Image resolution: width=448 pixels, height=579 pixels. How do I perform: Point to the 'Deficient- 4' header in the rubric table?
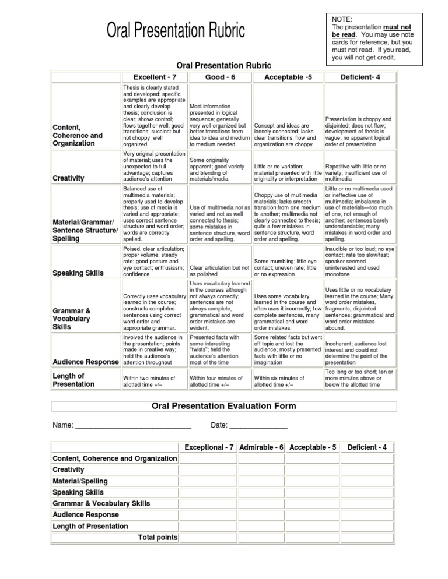[x=360, y=77]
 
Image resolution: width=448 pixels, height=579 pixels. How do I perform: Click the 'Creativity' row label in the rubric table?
[x=68, y=178]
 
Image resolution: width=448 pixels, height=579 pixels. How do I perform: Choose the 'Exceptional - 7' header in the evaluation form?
[x=209, y=447]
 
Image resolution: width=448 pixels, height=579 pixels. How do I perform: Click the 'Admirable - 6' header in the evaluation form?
[x=261, y=447]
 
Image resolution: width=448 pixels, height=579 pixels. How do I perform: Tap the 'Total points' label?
[x=157, y=537]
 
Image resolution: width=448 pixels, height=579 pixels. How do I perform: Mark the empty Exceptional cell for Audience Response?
[x=208, y=515]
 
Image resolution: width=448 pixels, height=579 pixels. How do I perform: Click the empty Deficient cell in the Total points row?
[x=367, y=537]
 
